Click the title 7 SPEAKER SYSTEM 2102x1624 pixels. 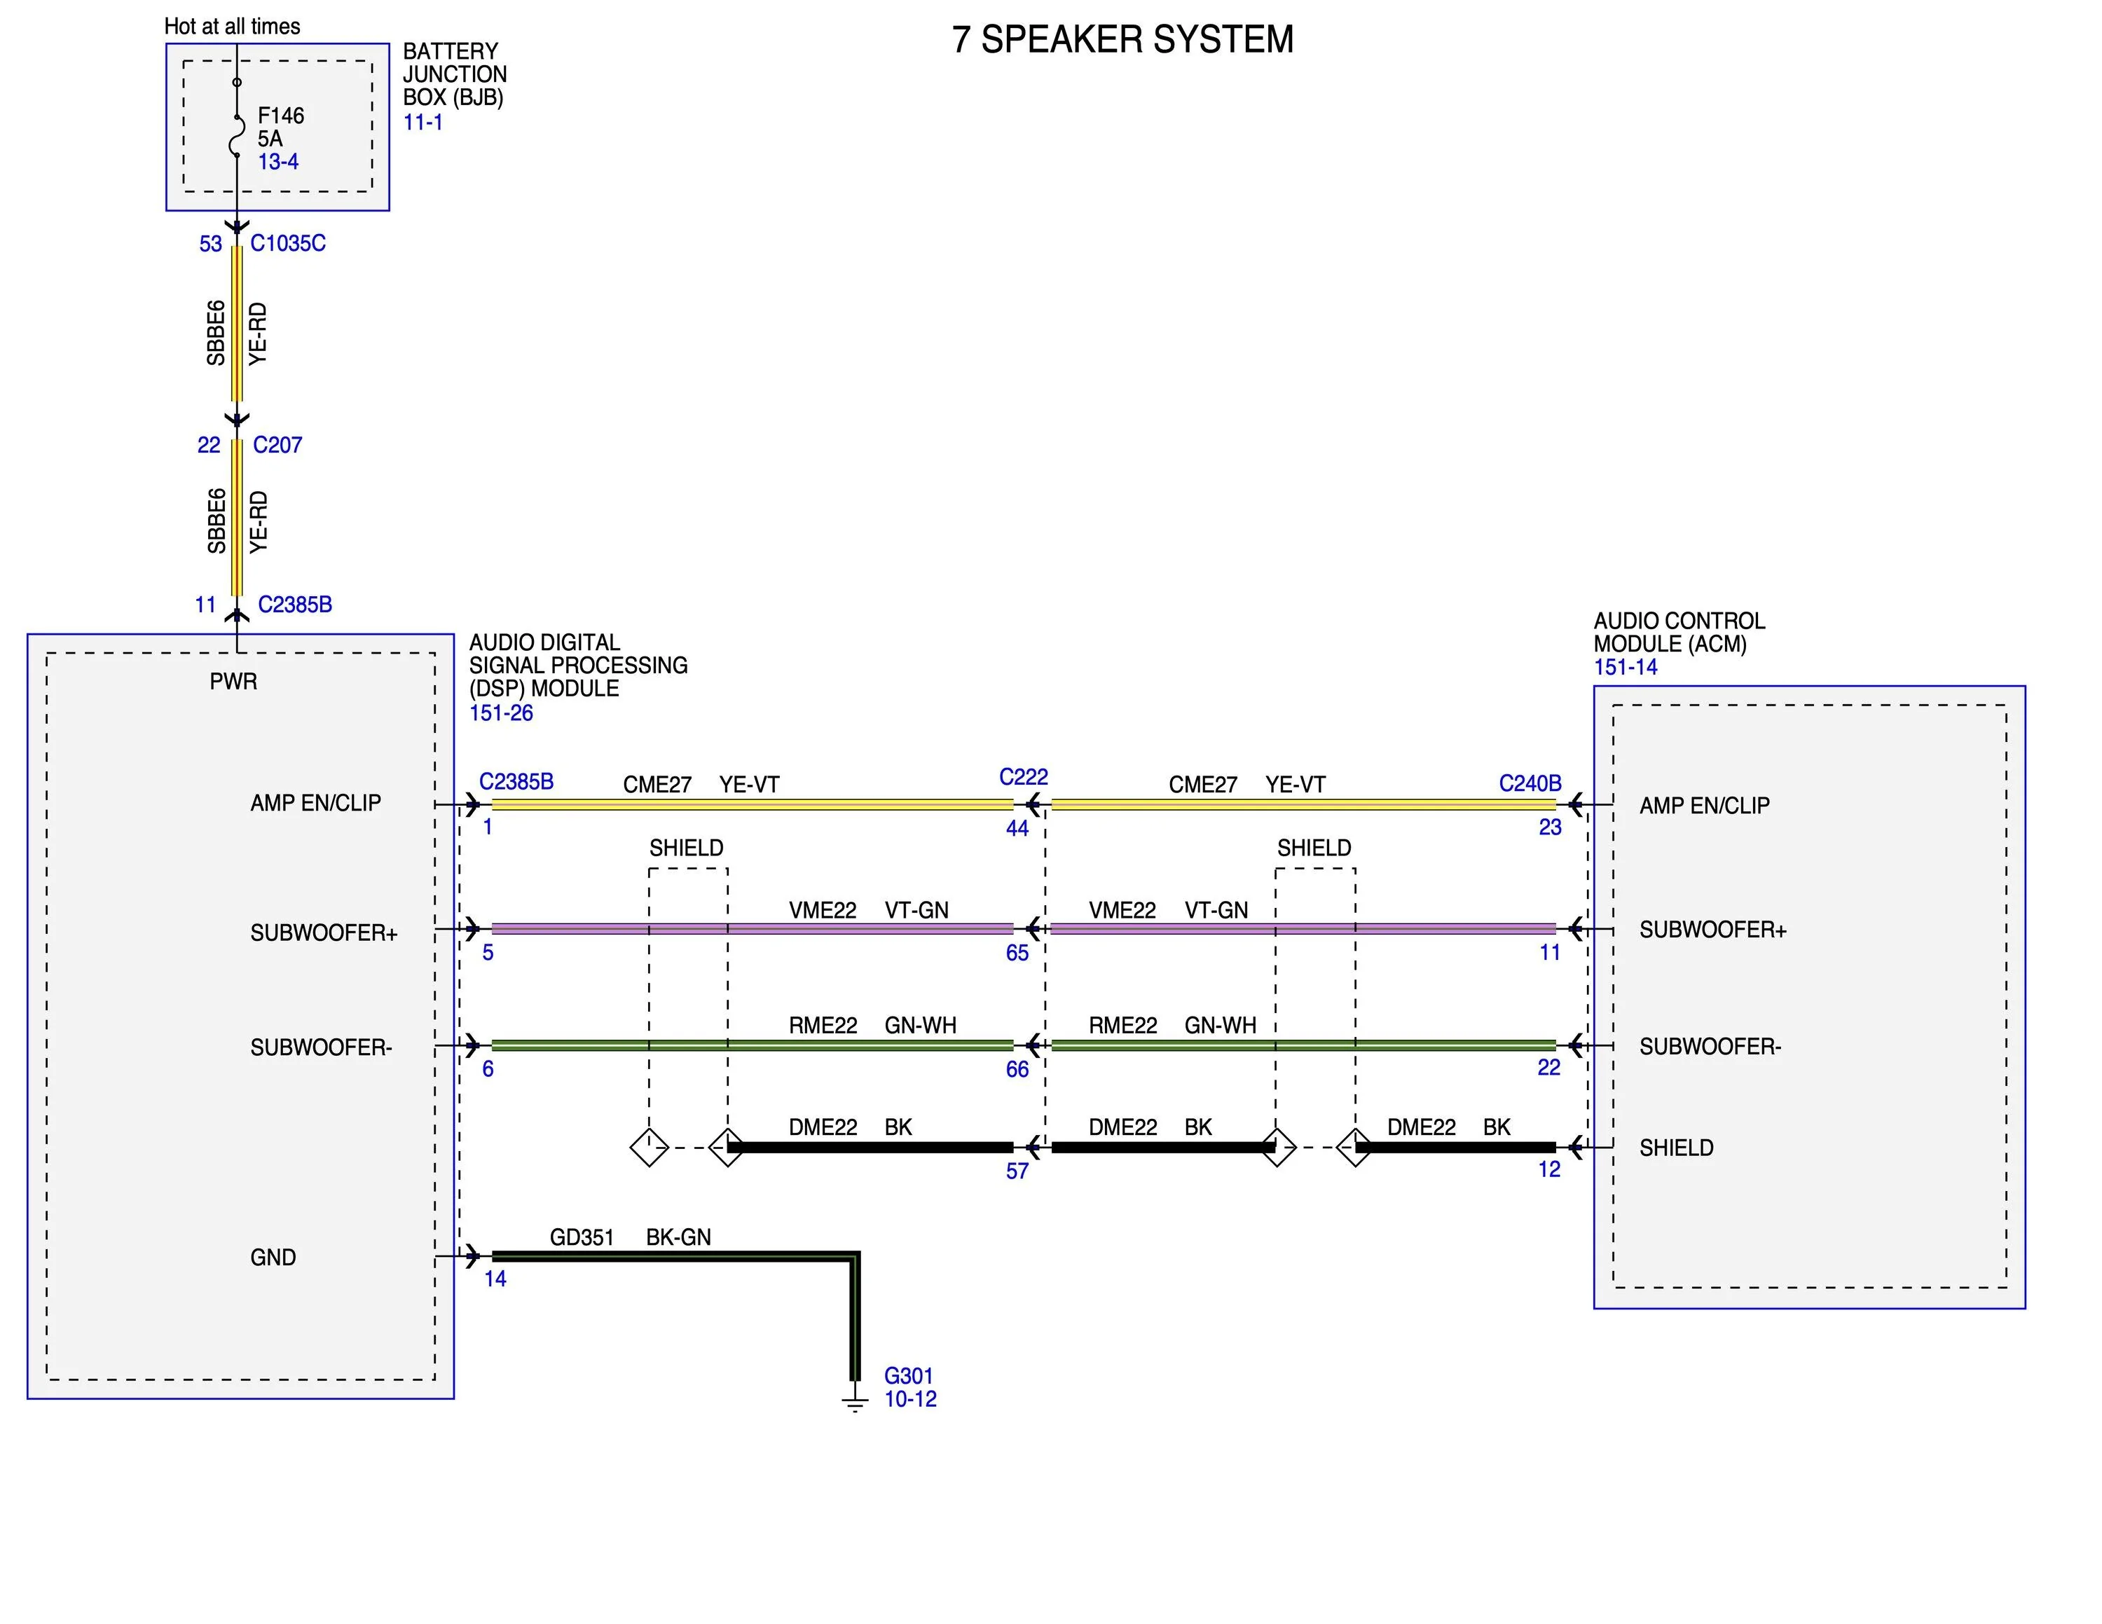pos(1122,39)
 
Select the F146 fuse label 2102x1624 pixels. pos(281,116)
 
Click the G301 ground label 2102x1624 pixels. pos(909,1376)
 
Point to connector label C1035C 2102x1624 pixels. pos(288,243)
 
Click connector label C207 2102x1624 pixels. pos(277,446)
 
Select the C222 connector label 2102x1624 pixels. pos(1023,776)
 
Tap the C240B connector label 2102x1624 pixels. pos(1530,783)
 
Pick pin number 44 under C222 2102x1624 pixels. pos(1017,828)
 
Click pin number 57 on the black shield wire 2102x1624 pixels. pos(1017,1171)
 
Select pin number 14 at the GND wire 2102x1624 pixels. pos(495,1279)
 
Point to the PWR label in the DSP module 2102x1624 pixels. pos(234,681)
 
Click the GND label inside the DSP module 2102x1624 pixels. pos(273,1258)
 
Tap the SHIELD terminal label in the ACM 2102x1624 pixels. pos(1677,1148)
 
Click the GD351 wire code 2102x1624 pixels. pos(582,1237)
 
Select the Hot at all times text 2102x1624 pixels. pos(232,26)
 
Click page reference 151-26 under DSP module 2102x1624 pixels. pos(500,713)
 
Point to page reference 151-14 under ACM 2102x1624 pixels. pos(1626,667)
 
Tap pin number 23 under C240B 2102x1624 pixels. pos(1550,827)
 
